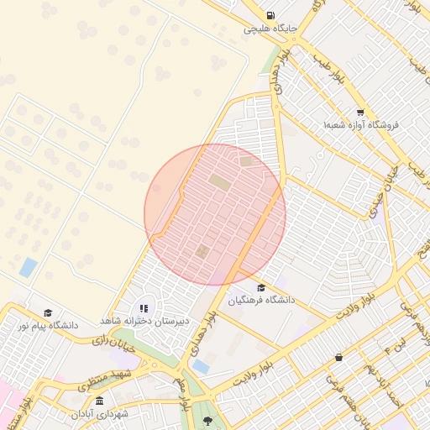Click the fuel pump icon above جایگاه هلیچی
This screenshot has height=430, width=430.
pyautogui.click(x=270, y=15)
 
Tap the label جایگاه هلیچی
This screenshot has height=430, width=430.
pyautogui.click(x=270, y=29)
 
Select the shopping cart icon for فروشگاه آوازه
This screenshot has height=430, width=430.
pyautogui.click(x=360, y=112)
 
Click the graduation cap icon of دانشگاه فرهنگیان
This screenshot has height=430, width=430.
pyautogui.click(x=260, y=286)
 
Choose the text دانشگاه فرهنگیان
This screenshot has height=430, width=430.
pyautogui.click(x=260, y=299)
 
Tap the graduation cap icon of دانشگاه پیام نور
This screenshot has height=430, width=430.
pyautogui.click(x=47, y=312)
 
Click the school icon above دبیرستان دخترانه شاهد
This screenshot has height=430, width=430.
pyautogui.click(x=144, y=308)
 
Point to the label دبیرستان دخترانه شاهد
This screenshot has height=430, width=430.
pyautogui.click(x=144, y=321)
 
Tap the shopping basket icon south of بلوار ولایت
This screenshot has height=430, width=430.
pyautogui.click(x=338, y=357)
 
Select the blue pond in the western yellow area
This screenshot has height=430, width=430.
pyautogui.click(x=29, y=268)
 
